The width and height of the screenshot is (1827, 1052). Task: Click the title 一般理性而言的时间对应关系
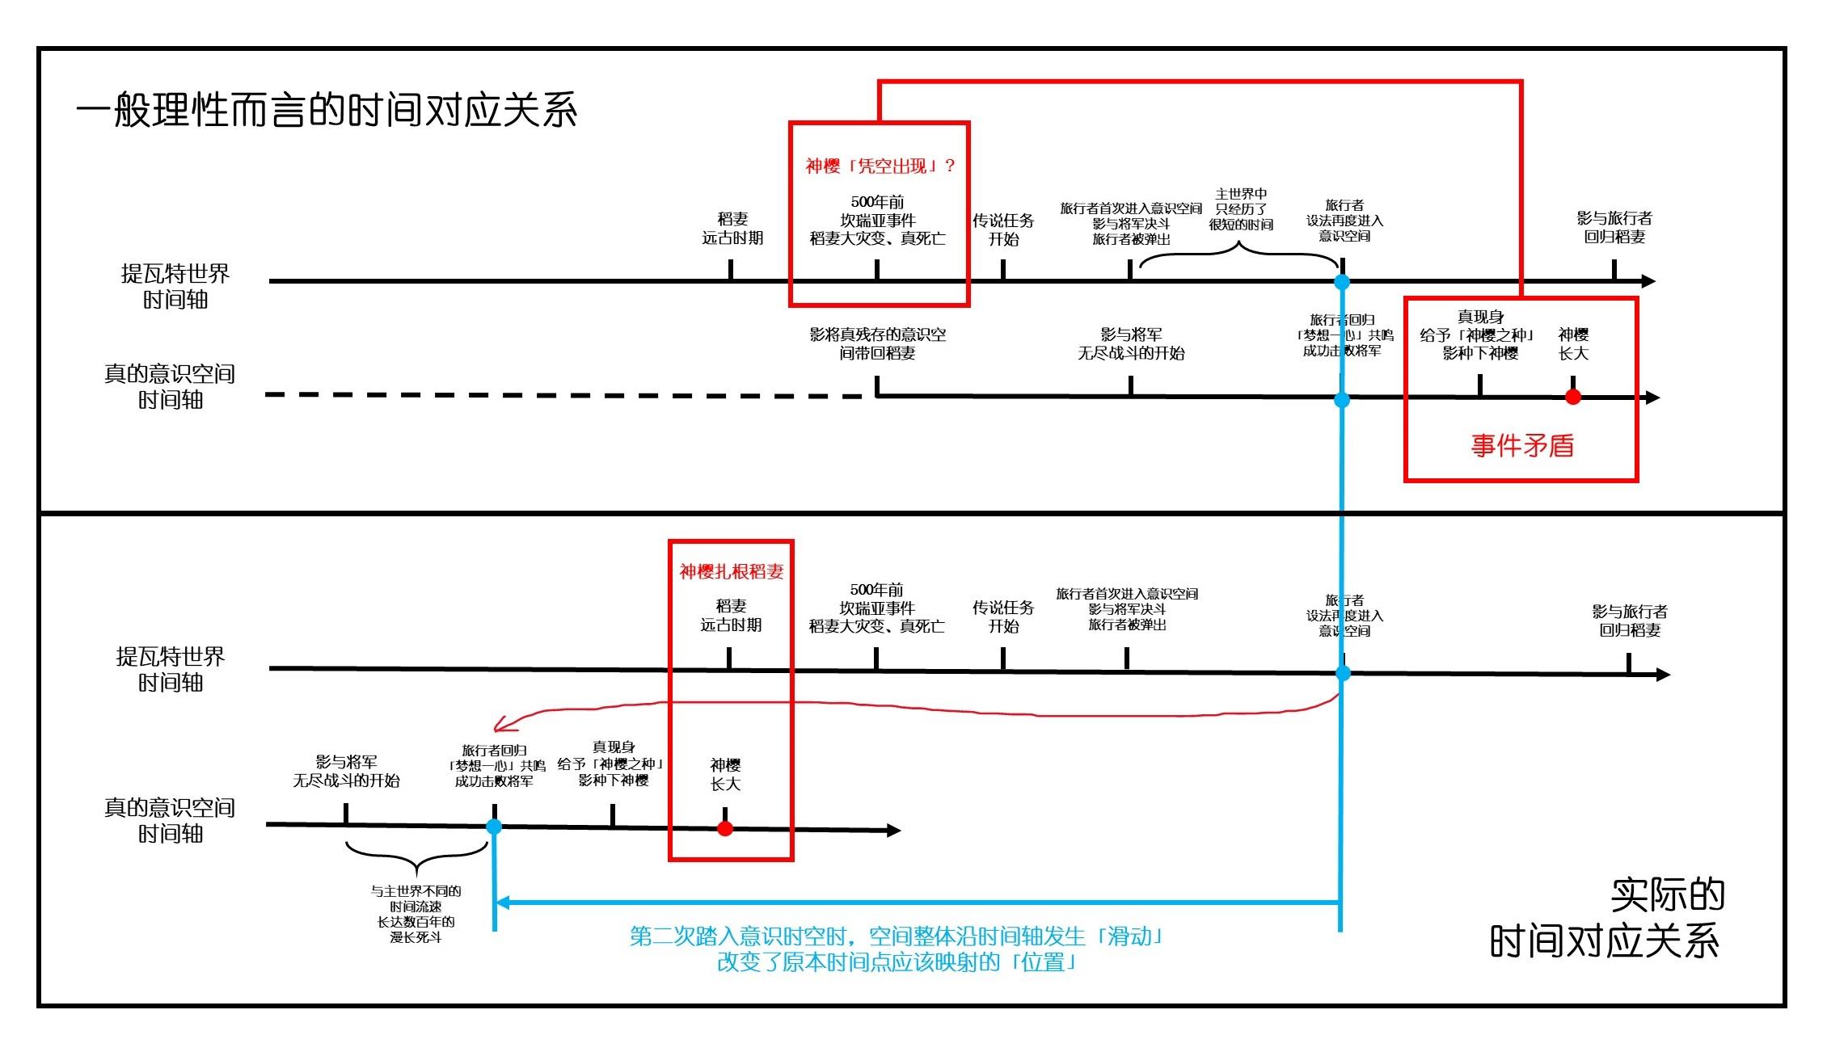327,110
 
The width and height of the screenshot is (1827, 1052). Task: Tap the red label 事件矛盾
1521,446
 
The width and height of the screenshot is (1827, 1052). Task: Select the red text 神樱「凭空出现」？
880,166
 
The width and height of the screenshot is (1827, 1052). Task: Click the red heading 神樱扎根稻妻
731,572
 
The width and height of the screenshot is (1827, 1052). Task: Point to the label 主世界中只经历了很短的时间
1241,209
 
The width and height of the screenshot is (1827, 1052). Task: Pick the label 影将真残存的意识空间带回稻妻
877,343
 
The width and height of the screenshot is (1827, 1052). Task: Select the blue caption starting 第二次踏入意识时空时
897,949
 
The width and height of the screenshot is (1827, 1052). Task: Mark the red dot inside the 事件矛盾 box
1572,397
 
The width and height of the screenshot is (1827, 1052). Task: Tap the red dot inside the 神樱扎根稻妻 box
725,828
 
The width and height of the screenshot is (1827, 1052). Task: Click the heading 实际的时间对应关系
1606,918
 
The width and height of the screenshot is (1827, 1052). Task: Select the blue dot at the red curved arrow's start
1343,673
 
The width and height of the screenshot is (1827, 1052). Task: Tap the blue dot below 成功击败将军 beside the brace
494,827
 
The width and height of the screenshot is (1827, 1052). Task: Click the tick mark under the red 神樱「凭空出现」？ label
877,270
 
